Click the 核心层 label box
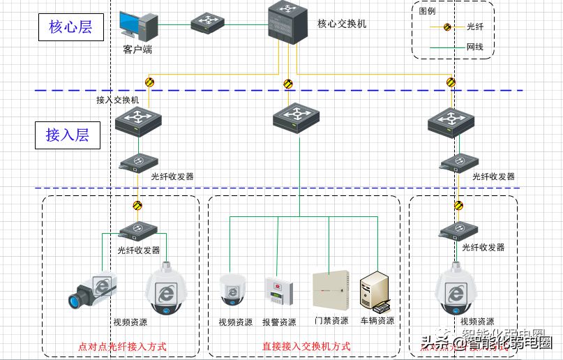coord(70,27)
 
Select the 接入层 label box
coord(68,135)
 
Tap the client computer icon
coord(138,25)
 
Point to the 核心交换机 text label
coord(342,24)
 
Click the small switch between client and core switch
coord(208,21)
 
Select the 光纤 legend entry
coord(474,27)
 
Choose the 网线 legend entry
coord(474,47)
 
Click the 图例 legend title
coord(428,11)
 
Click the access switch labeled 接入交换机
coord(139,121)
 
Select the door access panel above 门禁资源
coord(330,289)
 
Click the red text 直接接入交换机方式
coord(306,346)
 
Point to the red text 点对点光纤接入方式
coord(121,346)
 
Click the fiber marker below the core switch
coord(288,84)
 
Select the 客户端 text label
coord(137,50)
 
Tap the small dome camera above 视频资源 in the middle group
coord(233,288)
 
